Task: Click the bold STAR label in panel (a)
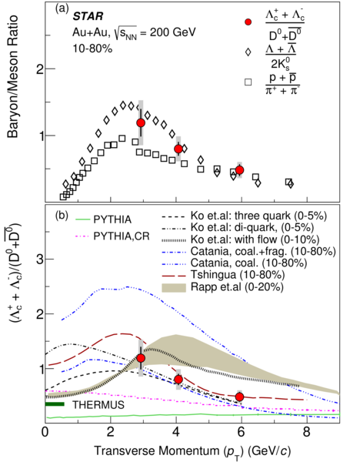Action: pyautogui.click(x=88, y=16)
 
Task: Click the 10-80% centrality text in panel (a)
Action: pyautogui.click(x=92, y=49)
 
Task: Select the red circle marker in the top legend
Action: pyautogui.click(x=248, y=22)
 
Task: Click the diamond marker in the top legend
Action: pyautogui.click(x=248, y=52)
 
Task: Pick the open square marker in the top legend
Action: pyautogui.click(x=248, y=82)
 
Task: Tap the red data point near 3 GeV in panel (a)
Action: pyautogui.click(x=141, y=123)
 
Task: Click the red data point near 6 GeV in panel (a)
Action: pyautogui.click(x=239, y=170)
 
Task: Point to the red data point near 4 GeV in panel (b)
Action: pyautogui.click(x=178, y=380)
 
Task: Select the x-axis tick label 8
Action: pyautogui.click(x=307, y=432)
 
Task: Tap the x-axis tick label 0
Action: pyautogui.click(x=45, y=432)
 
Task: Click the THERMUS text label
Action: pyautogui.click(x=98, y=405)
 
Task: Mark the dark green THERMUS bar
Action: pyautogui.click(x=55, y=404)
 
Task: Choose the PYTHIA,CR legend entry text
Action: pyautogui.click(x=122, y=236)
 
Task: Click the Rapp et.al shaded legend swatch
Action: pyautogui.click(x=174, y=287)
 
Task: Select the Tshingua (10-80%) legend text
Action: pyautogui.click(x=238, y=275)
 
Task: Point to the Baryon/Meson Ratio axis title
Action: pyautogui.click(x=13, y=76)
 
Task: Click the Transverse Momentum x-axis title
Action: pyautogui.click(x=192, y=451)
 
